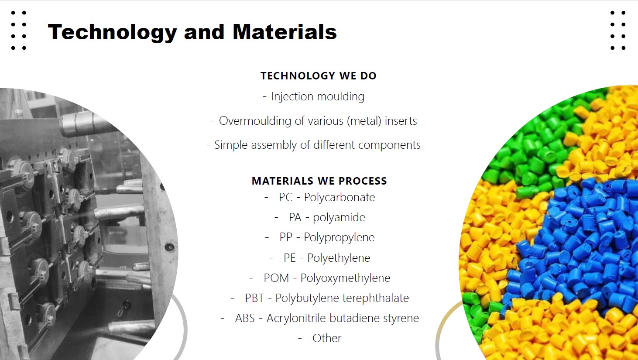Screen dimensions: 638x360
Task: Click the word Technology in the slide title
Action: (x=113, y=32)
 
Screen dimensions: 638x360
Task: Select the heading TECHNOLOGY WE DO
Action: (x=319, y=76)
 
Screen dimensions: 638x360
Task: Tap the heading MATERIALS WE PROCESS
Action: (x=319, y=181)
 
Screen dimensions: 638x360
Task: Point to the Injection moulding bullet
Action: (x=313, y=97)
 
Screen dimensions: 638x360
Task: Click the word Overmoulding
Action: (x=255, y=121)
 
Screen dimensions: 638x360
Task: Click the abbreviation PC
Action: (x=286, y=197)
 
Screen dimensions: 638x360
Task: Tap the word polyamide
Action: (x=339, y=218)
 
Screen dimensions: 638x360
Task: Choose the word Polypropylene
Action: (x=339, y=237)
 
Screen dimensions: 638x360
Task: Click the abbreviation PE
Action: (x=290, y=258)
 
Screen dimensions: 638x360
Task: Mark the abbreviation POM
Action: (x=276, y=278)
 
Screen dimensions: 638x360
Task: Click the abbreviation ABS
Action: (x=245, y=318)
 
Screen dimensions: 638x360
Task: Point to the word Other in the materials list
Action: (x=327, y=338)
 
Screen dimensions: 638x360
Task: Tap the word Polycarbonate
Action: (x=339, y=197)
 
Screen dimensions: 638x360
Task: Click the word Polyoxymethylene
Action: (x=345, y=278)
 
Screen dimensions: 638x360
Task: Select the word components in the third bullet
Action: (x=389, y=145)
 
